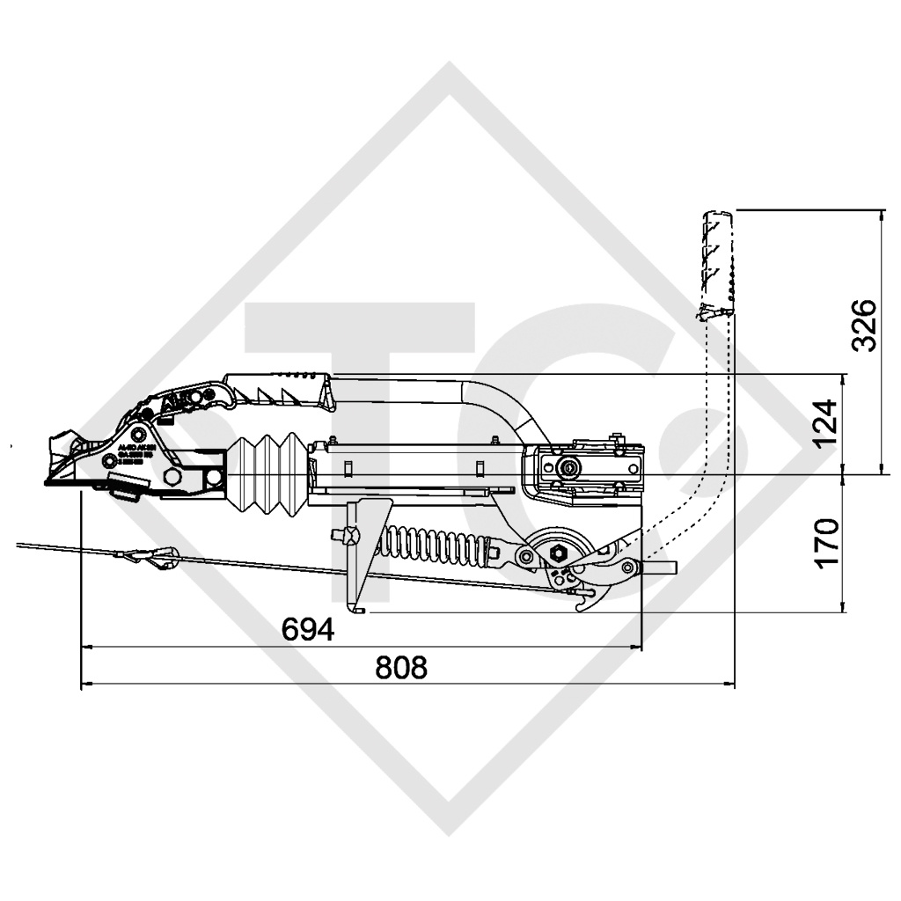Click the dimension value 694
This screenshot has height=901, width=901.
coord(308,629)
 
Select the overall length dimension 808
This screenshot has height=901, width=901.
coord(400,667)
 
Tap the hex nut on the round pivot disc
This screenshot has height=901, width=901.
coord(558,553)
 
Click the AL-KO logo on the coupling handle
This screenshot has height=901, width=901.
coord(186,401)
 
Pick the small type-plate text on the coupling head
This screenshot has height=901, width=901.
coord(136,453)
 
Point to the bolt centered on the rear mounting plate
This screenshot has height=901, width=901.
coord(570,467)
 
